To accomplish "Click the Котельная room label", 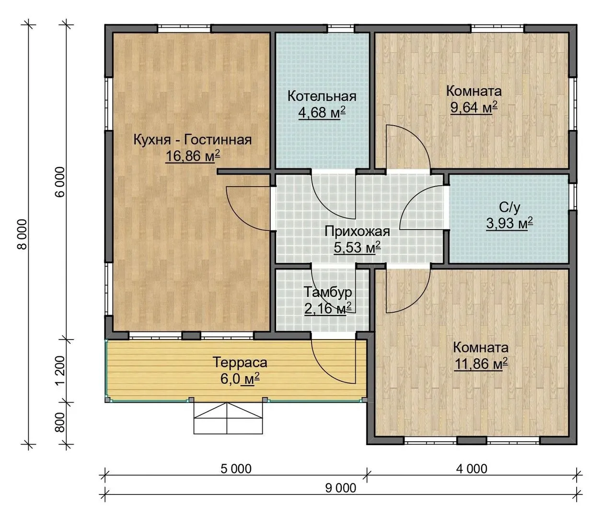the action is [322, 96].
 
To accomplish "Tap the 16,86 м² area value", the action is [193, 156].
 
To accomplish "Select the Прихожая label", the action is [357, 232].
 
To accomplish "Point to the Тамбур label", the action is [328, 292].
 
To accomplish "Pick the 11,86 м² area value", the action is [481, 364].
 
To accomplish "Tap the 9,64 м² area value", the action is [474, 107].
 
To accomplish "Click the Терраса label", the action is [240, 362].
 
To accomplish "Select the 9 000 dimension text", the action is [340, 488].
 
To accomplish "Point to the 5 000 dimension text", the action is [236, 469].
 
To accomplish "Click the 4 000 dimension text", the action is [472, 469].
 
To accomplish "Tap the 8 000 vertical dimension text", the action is [23, 234].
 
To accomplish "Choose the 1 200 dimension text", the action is [60, 370].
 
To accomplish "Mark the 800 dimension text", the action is [60, 422].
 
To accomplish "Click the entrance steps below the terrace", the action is [228, 418].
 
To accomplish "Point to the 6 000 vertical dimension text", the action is [60, 182].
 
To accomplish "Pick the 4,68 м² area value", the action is [322, 112].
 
